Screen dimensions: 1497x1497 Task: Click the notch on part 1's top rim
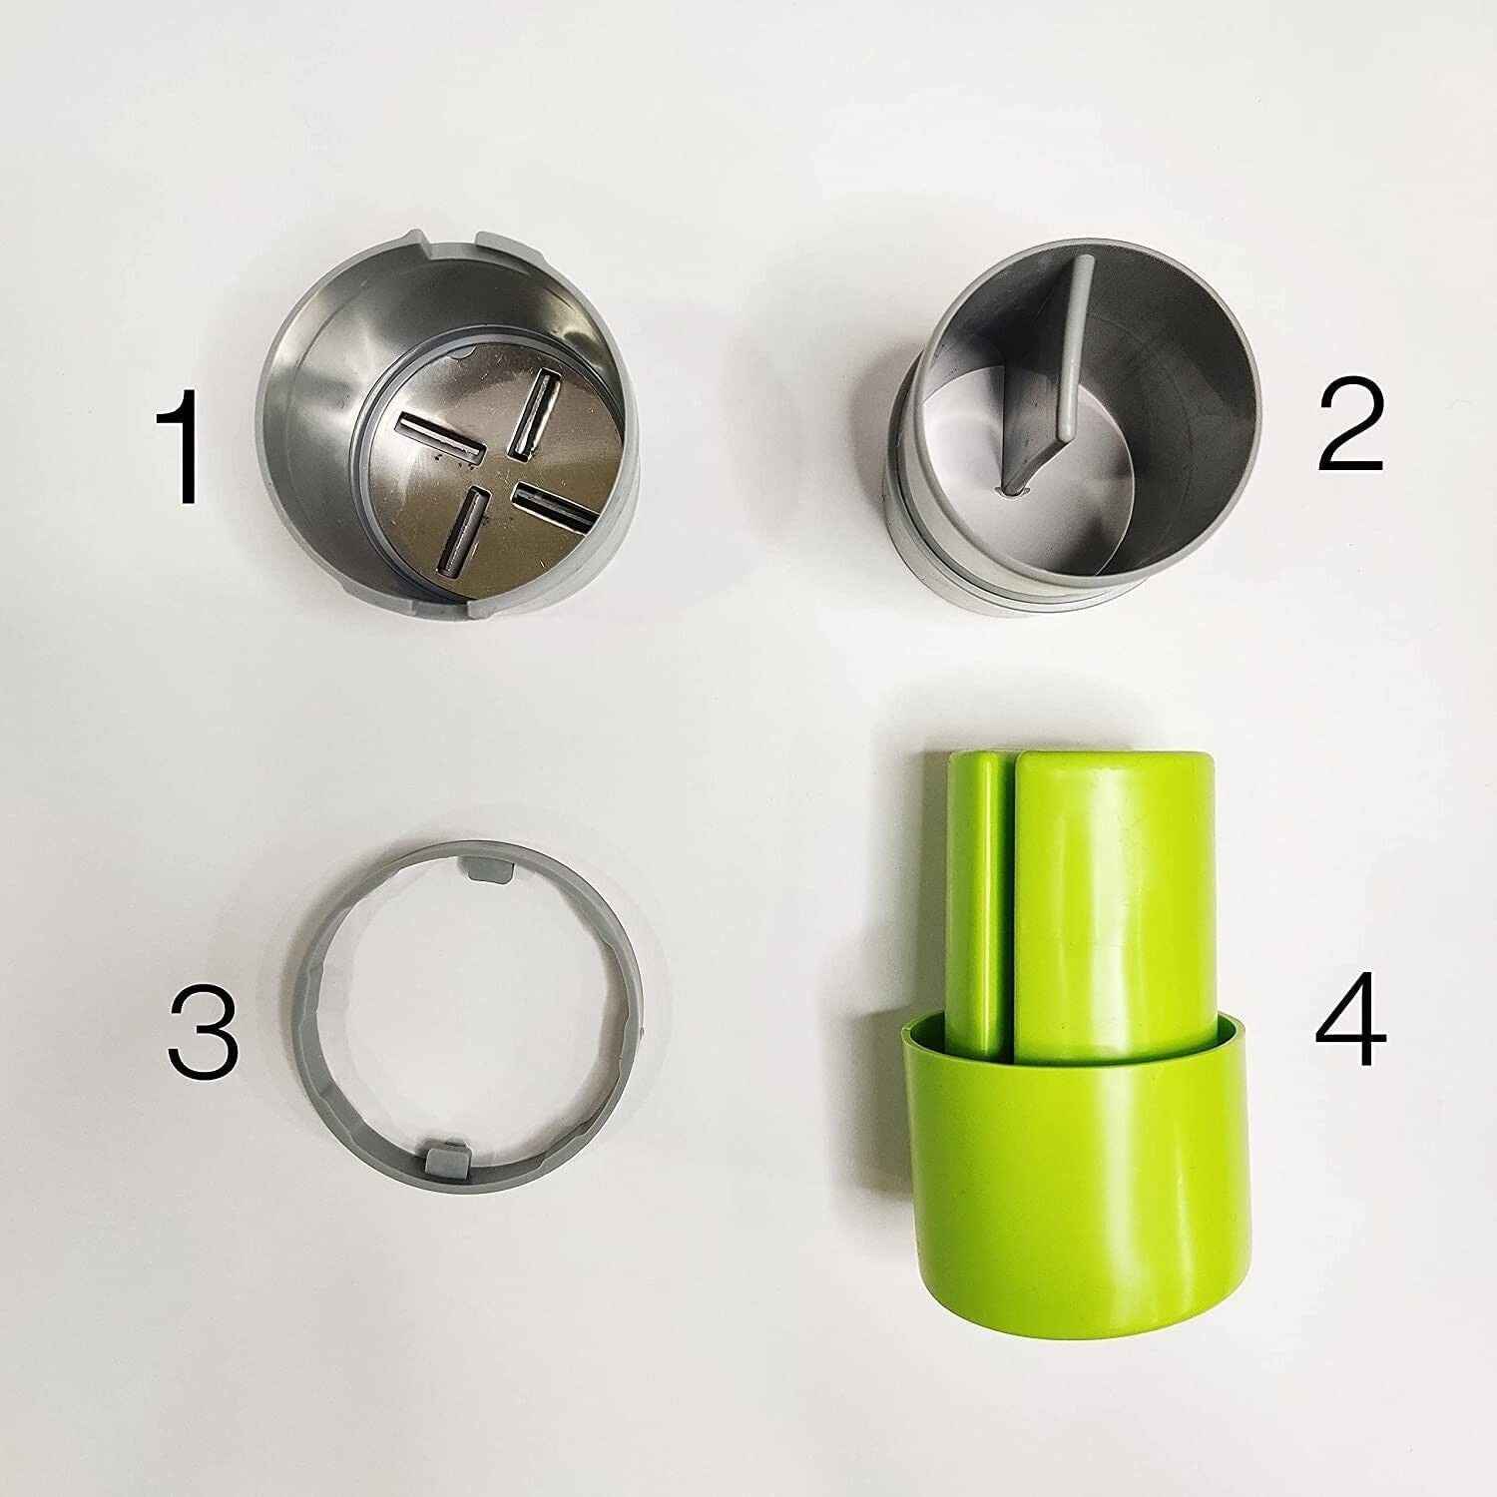pos(454,241)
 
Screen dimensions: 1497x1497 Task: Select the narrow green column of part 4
pos(975,898)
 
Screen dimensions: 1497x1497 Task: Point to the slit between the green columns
pos(1008,898)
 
